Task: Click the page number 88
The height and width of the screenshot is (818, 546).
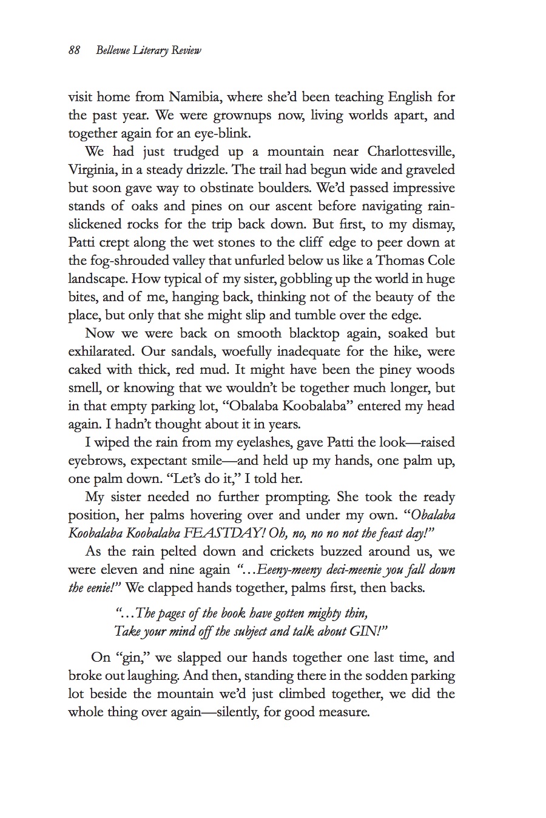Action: [74, 51]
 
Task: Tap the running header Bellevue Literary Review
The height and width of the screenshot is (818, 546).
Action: [148, 51]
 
